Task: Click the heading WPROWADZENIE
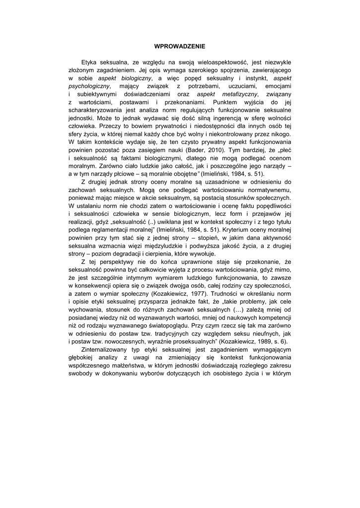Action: [x=180, y=46]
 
